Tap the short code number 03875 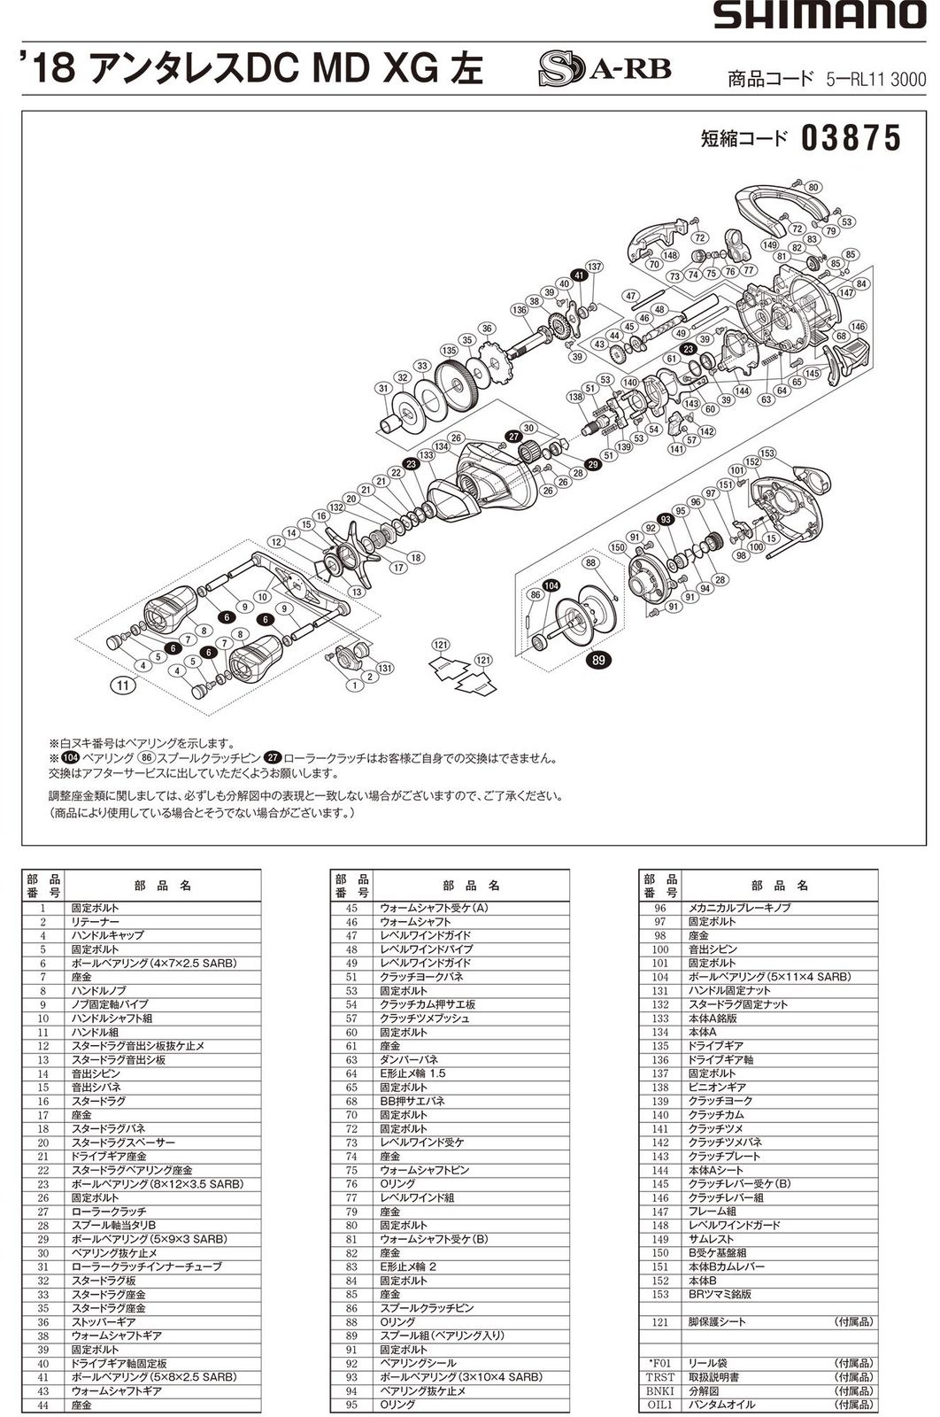(851, 138)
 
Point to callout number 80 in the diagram (813, 187)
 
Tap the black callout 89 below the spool (600, 659)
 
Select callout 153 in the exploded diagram (767, 453)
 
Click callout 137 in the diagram (593, 267)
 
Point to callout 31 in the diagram (383, 388)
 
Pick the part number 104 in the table (659, 977)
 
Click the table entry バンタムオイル (718, 1405)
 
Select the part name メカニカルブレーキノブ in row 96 (739, 908)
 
